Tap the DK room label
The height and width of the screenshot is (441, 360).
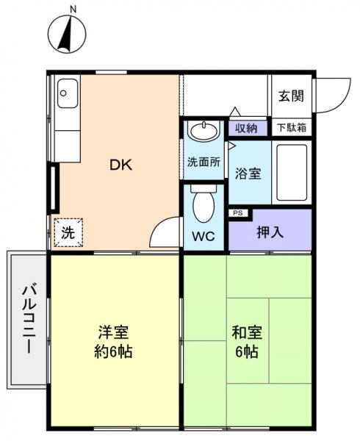point(121,165)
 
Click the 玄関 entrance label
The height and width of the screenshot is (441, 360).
point(292,96)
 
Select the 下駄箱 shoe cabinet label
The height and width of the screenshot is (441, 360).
point(292,127)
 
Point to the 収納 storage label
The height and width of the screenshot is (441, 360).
point(246,127)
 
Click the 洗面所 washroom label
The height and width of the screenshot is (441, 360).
point(204,163)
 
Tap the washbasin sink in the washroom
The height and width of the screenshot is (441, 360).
point(203,133)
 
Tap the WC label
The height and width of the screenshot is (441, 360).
point(204,237)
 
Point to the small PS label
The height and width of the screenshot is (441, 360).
point(238,213)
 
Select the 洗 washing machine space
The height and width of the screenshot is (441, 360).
point(67,233)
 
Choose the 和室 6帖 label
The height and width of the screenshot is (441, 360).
point(246,341)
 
